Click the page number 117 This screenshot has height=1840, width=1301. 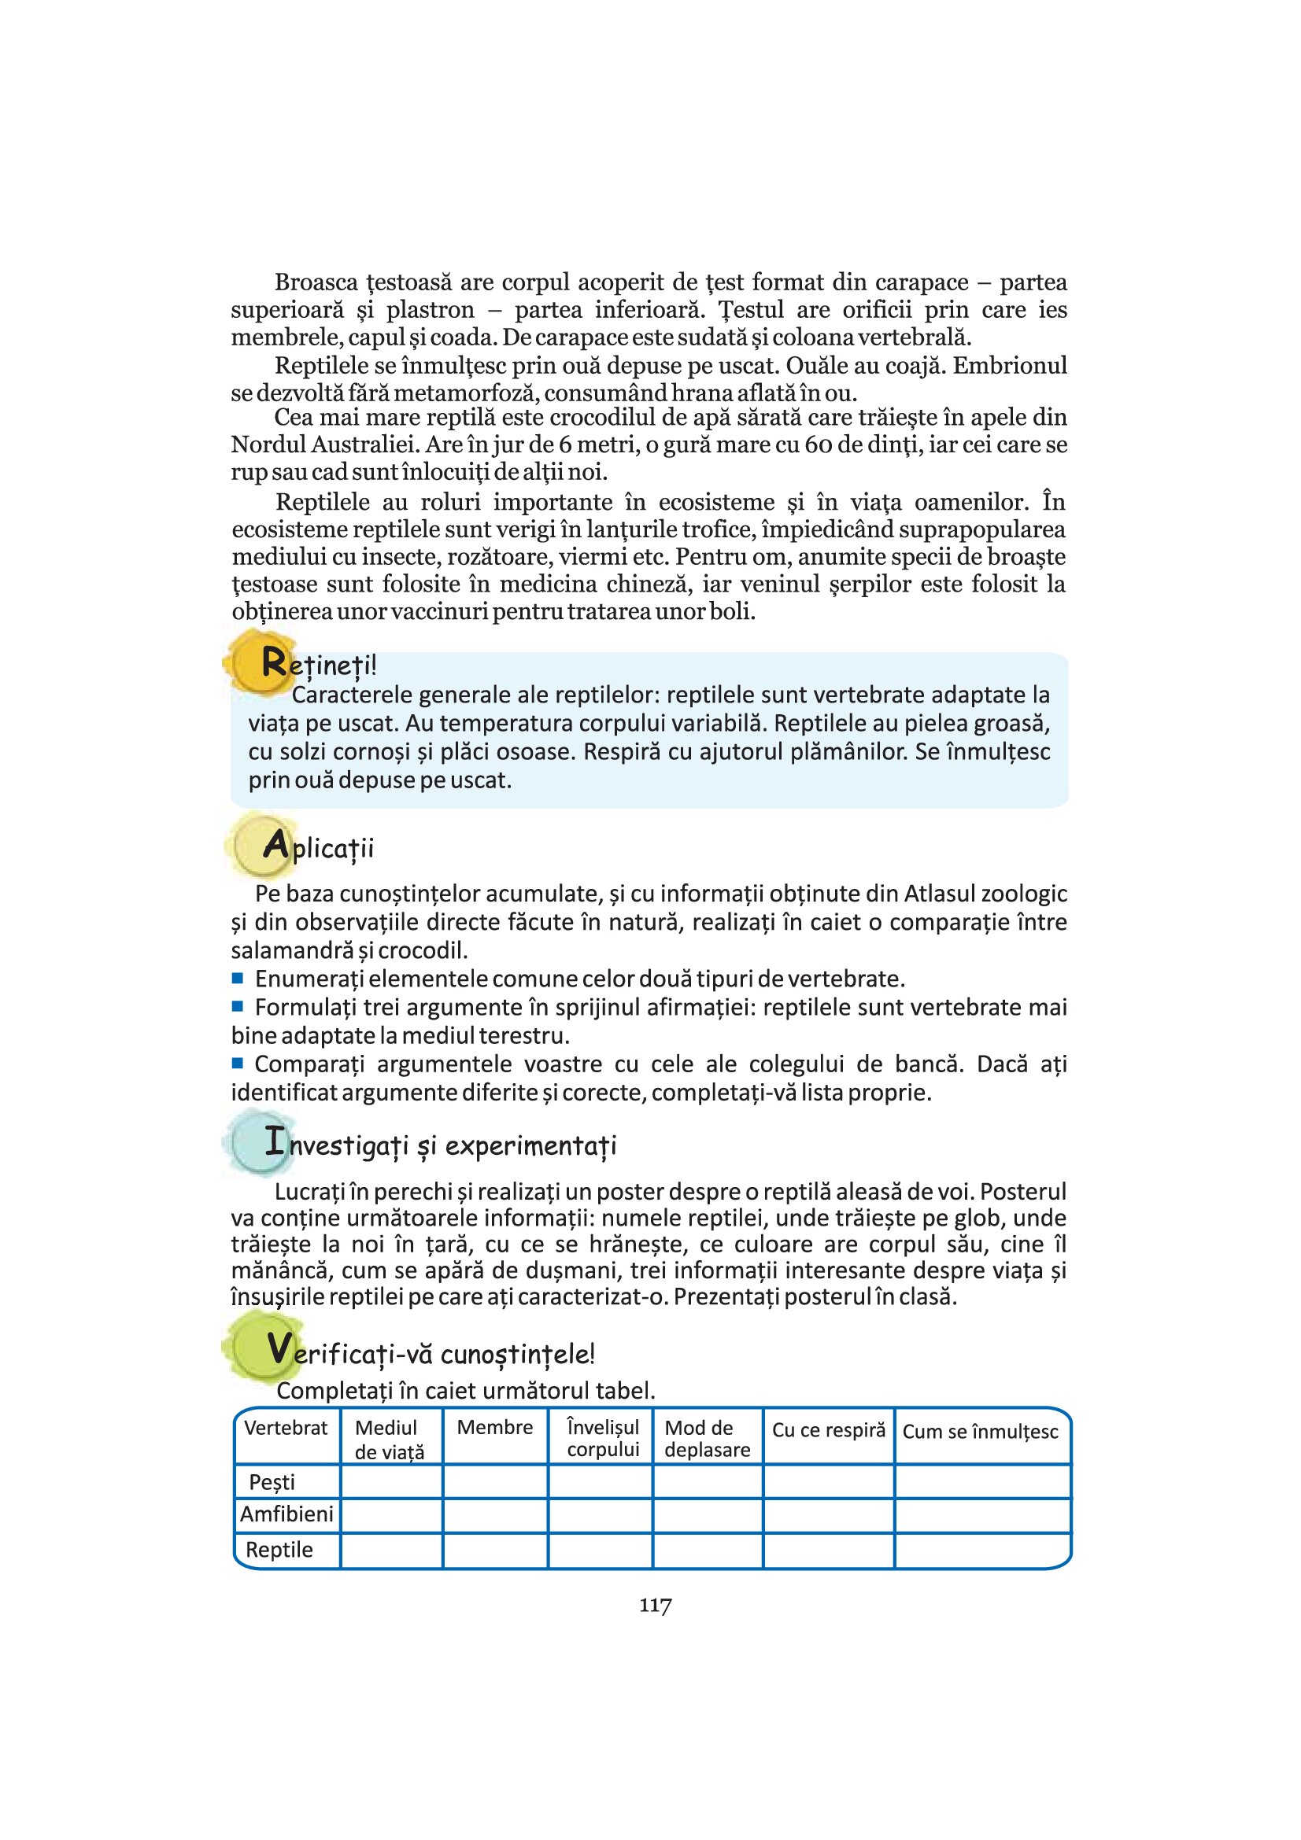coord(655,1606)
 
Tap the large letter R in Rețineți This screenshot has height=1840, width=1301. coord(273,662)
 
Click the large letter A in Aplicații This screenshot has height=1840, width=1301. coord(275,845)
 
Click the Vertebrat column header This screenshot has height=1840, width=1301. coord(286,1427)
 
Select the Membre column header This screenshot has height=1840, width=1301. coord(494,1427)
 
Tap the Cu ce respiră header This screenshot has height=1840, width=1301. coord(828,1429)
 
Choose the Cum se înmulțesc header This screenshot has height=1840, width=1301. coord(981,1431)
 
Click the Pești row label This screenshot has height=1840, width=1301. coord(272,1482)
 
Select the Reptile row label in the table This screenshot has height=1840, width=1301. coord(279,1549)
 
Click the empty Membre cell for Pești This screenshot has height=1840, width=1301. coord(494,1481)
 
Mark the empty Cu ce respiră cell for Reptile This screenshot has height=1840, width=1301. coord(828,1549)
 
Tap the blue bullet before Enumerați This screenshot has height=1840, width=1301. coord(237,978)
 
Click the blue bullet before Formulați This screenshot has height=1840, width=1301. coord(237,1006)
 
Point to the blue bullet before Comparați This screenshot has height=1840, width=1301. coord(237,1064)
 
